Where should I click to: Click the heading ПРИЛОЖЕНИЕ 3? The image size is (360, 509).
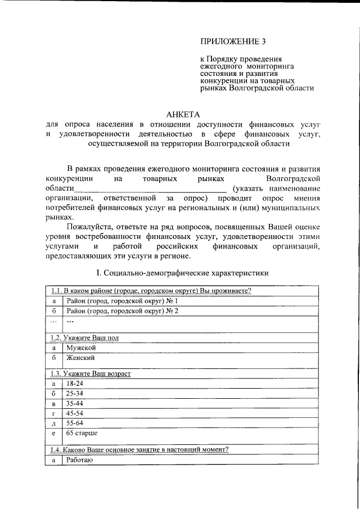tap(232, 42)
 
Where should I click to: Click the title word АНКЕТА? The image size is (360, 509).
tap(182, 114)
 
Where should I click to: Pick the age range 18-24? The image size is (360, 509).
tap(75, 384)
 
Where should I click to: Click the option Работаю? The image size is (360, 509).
tap(79, 460)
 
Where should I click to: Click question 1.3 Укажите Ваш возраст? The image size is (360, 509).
tap(91, 373)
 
